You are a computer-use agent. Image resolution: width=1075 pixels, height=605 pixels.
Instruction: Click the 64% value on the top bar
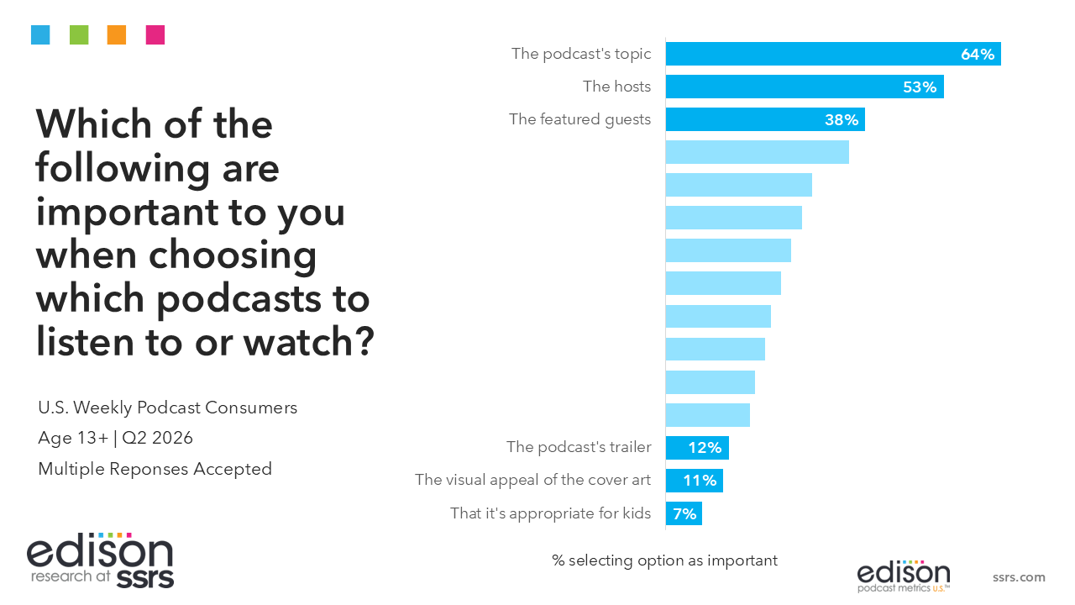click(977, 55)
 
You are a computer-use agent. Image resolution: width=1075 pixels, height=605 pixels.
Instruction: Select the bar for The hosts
click(805, 87)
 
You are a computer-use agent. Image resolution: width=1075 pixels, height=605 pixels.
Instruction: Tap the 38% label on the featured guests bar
click(842, 119)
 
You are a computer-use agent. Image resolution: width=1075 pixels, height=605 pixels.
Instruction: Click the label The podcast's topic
click(580, 54)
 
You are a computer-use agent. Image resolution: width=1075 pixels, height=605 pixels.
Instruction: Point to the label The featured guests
click(579, 119)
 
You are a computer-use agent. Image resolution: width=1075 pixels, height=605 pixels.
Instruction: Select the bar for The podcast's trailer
click(697, 448)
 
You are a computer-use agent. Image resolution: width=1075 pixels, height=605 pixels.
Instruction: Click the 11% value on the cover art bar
click(700, 480)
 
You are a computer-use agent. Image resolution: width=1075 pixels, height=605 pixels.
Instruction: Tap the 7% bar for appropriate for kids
click(684, 513)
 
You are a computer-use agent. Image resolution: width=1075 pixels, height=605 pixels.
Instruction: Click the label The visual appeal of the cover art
click(532, 480)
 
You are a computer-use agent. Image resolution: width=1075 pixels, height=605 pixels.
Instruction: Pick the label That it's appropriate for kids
click(550, 513)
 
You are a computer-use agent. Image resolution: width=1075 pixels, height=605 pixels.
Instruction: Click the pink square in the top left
click(155, 35)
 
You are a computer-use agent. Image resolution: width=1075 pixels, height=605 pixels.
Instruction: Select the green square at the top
click(79, 35)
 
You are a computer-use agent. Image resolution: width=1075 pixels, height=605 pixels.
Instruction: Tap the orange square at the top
click(117, 35)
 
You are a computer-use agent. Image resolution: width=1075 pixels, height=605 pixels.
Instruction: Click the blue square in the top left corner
click(40, 35)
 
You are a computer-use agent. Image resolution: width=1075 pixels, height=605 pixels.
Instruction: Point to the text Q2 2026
click(157, 438)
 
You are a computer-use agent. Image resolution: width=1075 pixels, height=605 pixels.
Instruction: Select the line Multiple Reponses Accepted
click(155, 469)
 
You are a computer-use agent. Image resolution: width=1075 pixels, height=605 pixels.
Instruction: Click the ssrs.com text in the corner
click(1019, 576)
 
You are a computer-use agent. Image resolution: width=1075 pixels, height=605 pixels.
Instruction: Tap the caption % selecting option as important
click(664, 560)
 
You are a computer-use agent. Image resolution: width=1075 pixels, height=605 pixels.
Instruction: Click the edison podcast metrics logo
click(904, 576)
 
